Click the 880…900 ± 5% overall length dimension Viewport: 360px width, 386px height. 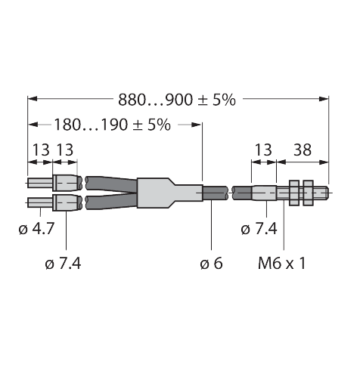click(177, 100)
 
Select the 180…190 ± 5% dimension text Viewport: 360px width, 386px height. click(113, 125)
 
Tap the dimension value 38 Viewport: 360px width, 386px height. click(303, 150)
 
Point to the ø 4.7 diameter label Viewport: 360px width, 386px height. click(36, 229)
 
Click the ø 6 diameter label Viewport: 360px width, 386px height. click(211, 264)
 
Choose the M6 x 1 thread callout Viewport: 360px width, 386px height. click(282, 264)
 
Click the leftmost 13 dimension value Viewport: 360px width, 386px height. click(41, 150)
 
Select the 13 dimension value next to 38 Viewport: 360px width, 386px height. click(263, 150)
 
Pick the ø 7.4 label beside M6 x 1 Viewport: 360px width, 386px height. click(259, 229)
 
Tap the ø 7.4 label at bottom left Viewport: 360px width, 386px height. click(63, 264)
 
